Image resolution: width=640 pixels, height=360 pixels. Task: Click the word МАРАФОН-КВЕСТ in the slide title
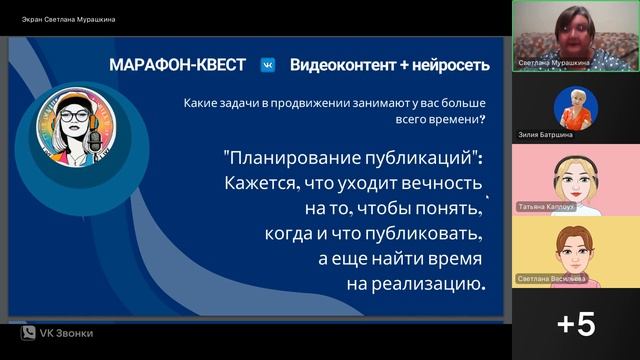click(x=179, y=66)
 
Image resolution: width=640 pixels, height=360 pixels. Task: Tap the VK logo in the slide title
click(x=268, y=66)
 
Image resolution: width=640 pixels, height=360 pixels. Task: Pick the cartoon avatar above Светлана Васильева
click(x=576, y=249)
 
